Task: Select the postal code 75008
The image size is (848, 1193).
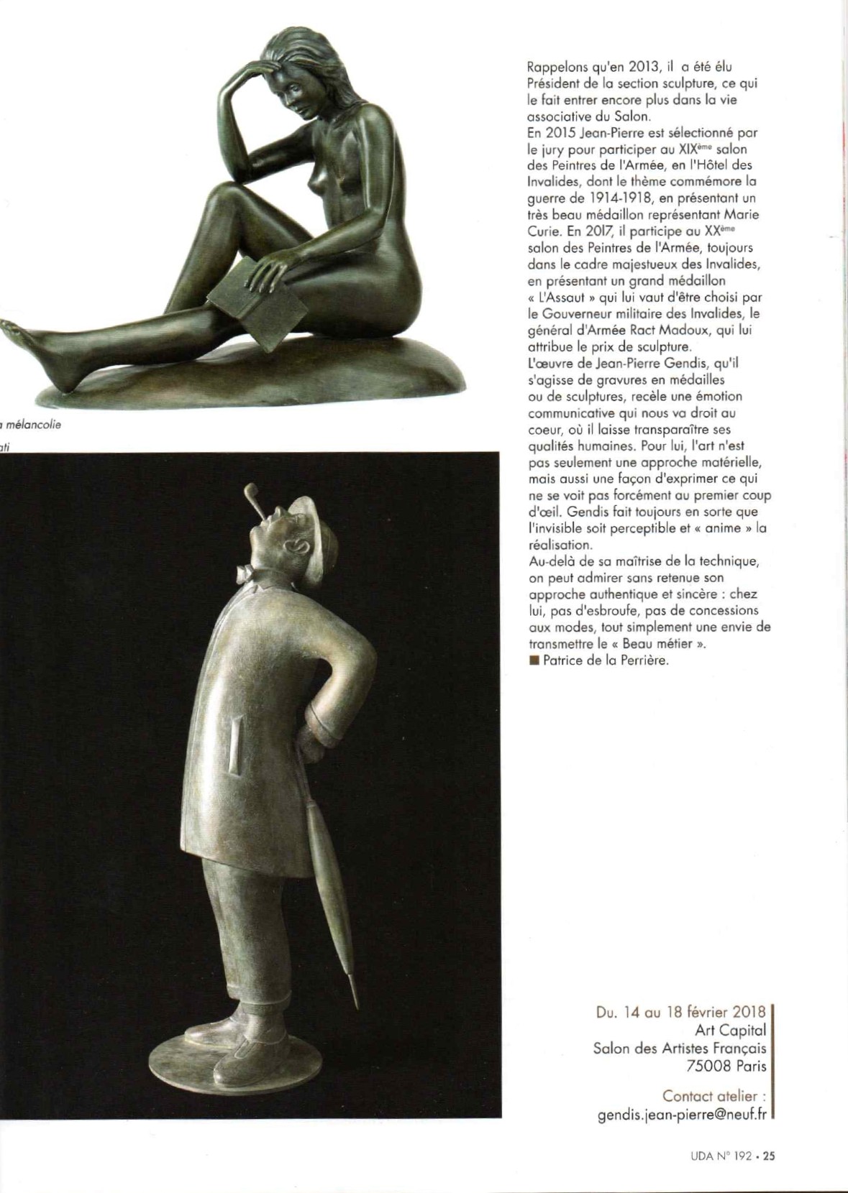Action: point(712,1066)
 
